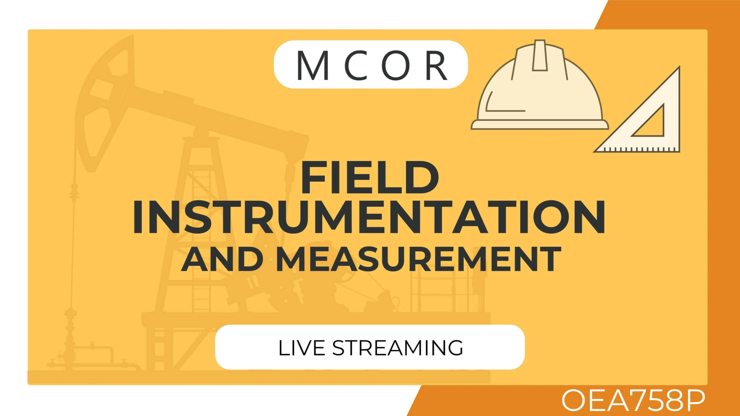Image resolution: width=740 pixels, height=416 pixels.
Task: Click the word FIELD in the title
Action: (370, 177)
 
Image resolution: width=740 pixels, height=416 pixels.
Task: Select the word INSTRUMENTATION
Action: (369, 217)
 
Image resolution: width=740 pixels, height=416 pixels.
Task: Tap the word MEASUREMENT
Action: (419, 259)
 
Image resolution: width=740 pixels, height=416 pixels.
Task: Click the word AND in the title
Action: (222, 259)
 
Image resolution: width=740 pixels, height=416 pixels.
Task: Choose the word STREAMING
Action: (397, 348)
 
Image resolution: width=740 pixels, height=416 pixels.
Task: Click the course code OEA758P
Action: (633, 400)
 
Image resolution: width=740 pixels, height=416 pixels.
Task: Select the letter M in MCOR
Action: (313, 66)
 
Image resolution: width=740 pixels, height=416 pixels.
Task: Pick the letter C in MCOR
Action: (356, 66)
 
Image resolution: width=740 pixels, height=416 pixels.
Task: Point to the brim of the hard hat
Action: (540, 125)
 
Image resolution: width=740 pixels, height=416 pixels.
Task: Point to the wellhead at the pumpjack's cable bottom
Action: (70, 338)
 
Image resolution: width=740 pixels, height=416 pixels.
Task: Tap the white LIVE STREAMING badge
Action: (370, 347)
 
